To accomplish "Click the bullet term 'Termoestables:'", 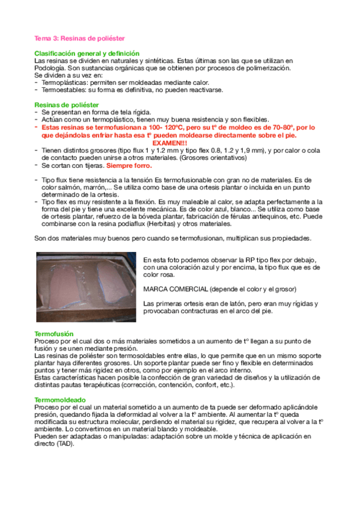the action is [64, 90].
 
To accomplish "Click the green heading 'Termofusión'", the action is [53, 333].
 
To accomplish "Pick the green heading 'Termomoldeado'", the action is [60, 399].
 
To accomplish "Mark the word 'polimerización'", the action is [266, 68].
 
